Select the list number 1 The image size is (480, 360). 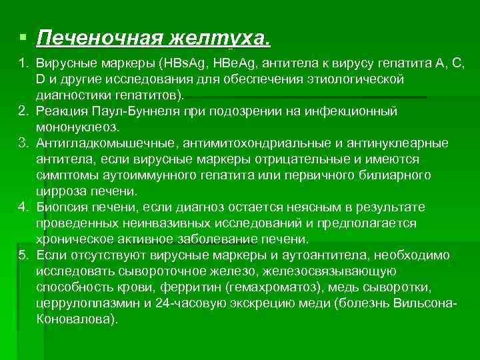coord(22,63)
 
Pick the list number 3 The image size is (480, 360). coord(22,143)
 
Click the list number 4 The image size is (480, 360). coord(22,207)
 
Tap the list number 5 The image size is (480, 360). coord(22,255)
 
